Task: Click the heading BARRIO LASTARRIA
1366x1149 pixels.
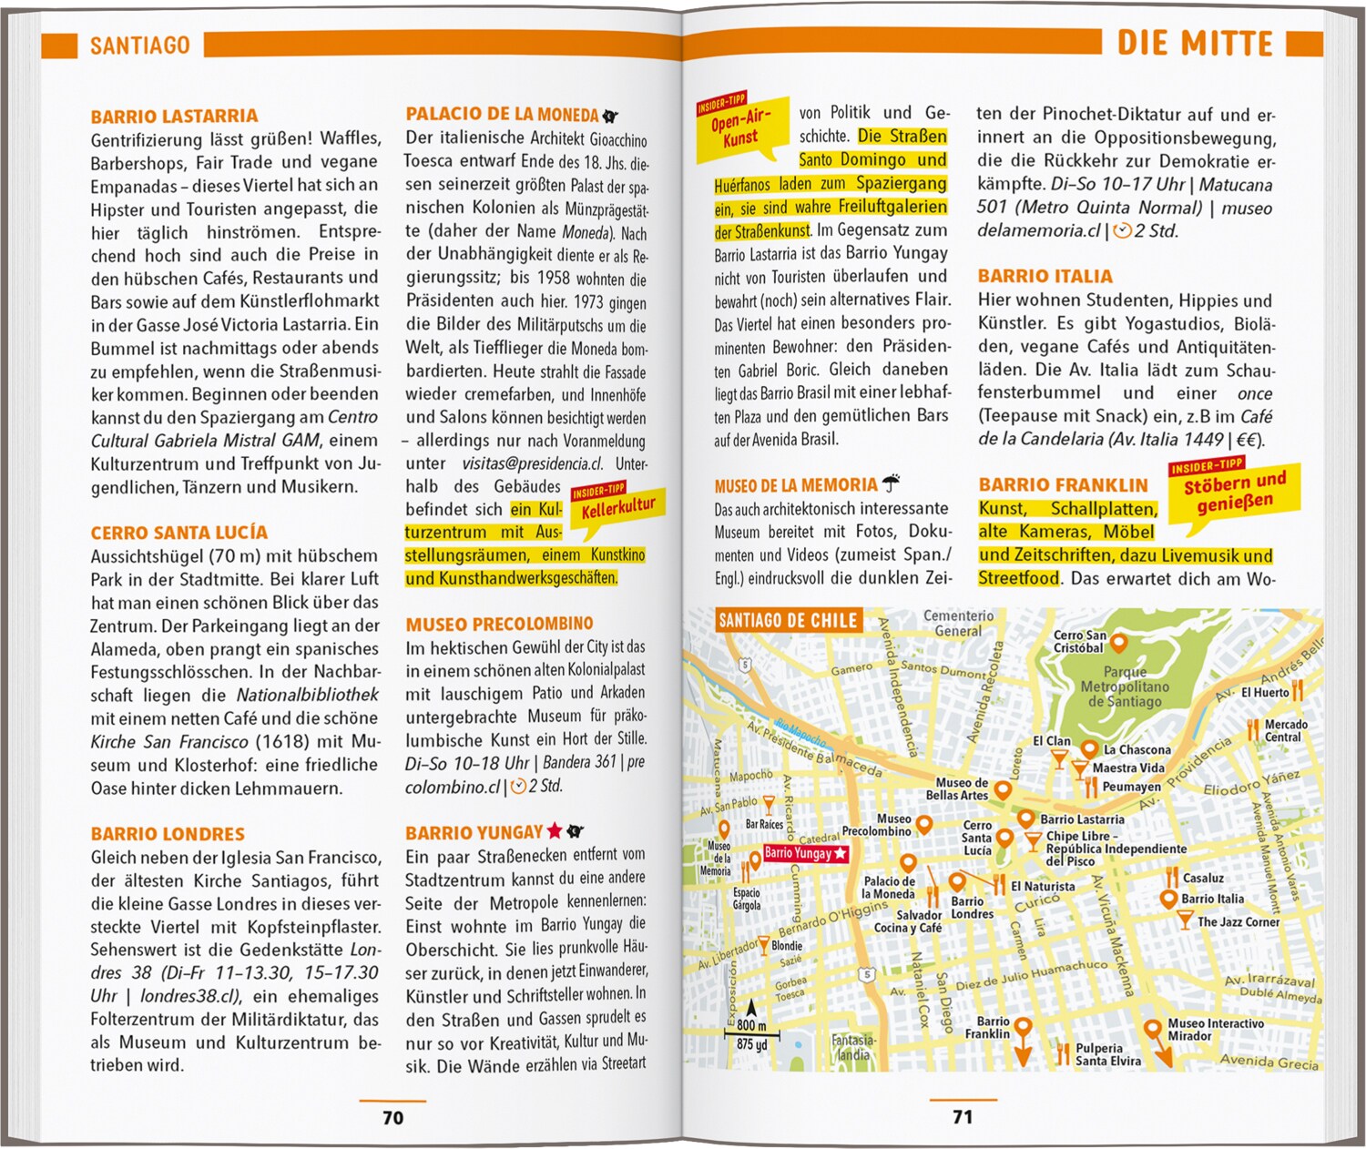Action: (174, 117)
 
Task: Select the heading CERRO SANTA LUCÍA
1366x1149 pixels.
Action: (178, 533)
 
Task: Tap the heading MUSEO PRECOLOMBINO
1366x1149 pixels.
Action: (499, 625)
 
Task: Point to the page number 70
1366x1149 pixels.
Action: (392, 1117)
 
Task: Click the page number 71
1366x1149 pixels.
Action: (963, 1116)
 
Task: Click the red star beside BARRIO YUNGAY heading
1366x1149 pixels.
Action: (554, 830)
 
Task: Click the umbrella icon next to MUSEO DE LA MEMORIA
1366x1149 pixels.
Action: (891, 483)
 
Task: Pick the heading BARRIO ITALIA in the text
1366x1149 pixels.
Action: (1045, 277)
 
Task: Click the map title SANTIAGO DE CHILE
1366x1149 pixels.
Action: (788, 621)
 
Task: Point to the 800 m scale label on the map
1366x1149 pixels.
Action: (751, 1025)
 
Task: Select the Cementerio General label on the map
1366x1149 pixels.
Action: (958, 624)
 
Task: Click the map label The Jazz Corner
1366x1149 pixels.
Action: (1238, 921)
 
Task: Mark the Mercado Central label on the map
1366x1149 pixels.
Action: (1285, 730)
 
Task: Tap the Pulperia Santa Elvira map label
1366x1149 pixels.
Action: (1107, 1054)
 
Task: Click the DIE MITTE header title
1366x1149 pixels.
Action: (1194, 44)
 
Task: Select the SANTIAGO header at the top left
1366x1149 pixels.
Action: (139, 46)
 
